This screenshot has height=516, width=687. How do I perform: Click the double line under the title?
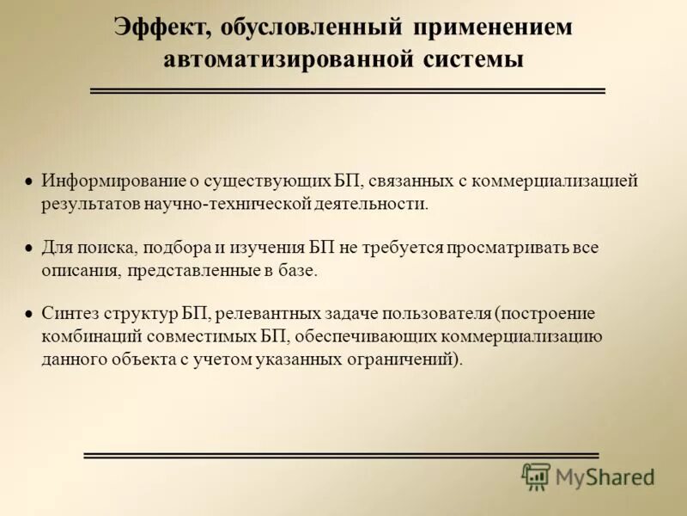[348, 90]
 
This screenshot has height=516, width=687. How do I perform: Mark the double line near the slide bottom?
[341, 455]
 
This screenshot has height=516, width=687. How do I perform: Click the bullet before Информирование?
[28, 182]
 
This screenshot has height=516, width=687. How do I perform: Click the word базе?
[296, 271]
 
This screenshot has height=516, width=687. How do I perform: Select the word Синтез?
[70, 313]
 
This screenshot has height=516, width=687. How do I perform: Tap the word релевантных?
[262, 313]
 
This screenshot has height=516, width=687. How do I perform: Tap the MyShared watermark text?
[605, 476]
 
